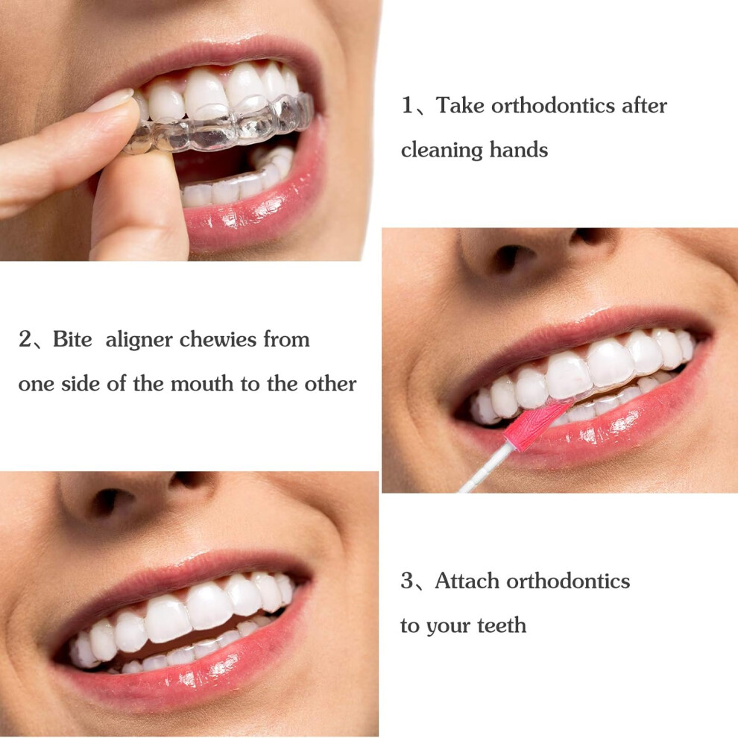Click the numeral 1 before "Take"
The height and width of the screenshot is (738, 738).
[407, 104]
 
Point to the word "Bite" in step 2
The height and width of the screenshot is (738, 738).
[72, 339]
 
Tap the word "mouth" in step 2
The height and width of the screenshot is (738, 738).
[202, 384]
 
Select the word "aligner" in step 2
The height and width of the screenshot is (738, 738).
[139, 340]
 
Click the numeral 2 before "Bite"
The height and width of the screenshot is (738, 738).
[25, 339]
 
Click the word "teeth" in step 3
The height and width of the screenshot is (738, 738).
[502, 625]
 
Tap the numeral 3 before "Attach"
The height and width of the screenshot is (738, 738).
[407, 581]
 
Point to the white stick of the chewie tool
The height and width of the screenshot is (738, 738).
[485, 468]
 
